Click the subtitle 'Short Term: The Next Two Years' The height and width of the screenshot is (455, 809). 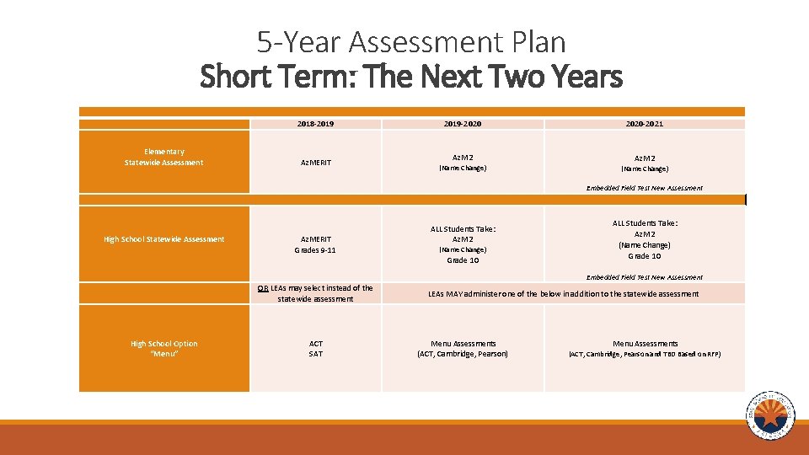click(411, 78)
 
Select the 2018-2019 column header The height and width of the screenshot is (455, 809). click(315, 124)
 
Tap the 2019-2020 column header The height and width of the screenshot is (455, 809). click(463, 124)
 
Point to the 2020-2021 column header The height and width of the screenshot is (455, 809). click(644, 124)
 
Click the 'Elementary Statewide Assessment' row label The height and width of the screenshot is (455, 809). click(163, 157)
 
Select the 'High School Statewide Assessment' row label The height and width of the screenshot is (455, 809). click(163, 239)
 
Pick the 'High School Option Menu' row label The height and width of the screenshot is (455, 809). click(163, 348)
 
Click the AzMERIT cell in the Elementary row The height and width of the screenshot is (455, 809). click(315, 163)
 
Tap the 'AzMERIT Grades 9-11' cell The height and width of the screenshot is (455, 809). click(315, 244)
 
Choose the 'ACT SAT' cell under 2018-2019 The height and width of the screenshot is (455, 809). click(315, 348)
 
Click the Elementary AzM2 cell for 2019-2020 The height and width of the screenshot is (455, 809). click(463, 163)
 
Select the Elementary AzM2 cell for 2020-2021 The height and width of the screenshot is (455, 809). click(644, 163)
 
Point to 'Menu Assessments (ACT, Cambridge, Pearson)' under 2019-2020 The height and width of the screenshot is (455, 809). click(463, 348)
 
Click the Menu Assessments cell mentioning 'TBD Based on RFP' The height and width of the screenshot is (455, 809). click(644, 348)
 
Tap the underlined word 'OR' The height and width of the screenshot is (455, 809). click(263, 288)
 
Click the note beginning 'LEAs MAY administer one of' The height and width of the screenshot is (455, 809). click(563, 294)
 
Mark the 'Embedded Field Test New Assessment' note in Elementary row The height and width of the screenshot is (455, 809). click(644, 188)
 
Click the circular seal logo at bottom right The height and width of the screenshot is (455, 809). click(769, 415)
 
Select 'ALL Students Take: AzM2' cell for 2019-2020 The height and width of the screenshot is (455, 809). click(463, 244)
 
